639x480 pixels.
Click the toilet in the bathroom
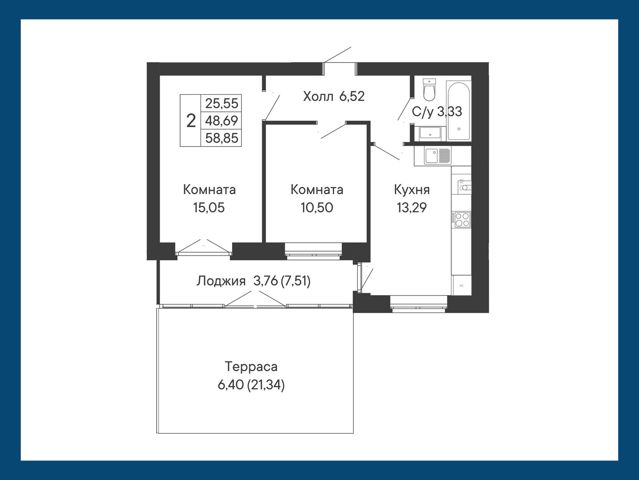point(429,89)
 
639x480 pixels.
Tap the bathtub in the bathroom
point(458,111)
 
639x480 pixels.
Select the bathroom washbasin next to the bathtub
point(430,134)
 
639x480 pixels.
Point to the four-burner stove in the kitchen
point(461,220)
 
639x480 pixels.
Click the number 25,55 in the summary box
point(221,103)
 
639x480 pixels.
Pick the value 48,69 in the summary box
point(221,120)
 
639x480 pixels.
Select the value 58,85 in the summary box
point(221,138)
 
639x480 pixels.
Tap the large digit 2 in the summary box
point(191,120)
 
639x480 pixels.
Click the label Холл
point(318,96)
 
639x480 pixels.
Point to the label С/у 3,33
point(437,112)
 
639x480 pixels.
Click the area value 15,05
point(209,208)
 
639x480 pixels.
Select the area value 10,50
point(317,208)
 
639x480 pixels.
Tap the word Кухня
point(412,190)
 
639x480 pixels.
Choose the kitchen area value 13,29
point(412,208)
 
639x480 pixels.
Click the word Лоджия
point(221,281)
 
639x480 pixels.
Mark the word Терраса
point(251,367)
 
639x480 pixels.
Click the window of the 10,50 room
point(313,251)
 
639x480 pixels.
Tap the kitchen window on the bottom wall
point(418,304)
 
